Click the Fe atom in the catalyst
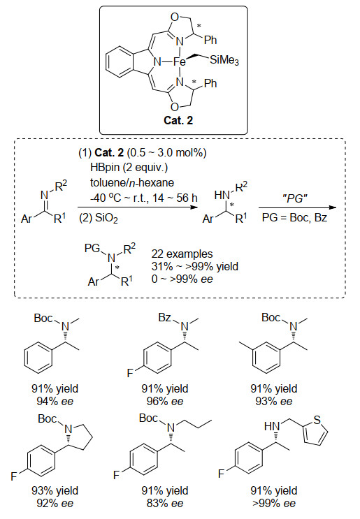[180, 61]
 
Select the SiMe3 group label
[224, 60]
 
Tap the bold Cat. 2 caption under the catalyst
[178, 120]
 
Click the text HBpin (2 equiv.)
[129, 168]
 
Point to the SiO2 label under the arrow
[99, 218]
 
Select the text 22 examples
[182, 254]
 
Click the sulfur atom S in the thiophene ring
[317, 420]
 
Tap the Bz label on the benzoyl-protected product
[164, 318]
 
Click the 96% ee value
[165, 401]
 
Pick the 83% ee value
[165, 503]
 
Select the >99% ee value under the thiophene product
[274, 503]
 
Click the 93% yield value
[55, 490]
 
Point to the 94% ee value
[55, 401]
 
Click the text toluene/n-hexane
[132, 183]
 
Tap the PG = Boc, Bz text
[294, 217]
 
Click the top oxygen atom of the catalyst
[175, 17]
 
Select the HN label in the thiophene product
[272, 426]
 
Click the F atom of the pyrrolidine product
[13, 476]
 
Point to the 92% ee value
[55, 503]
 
